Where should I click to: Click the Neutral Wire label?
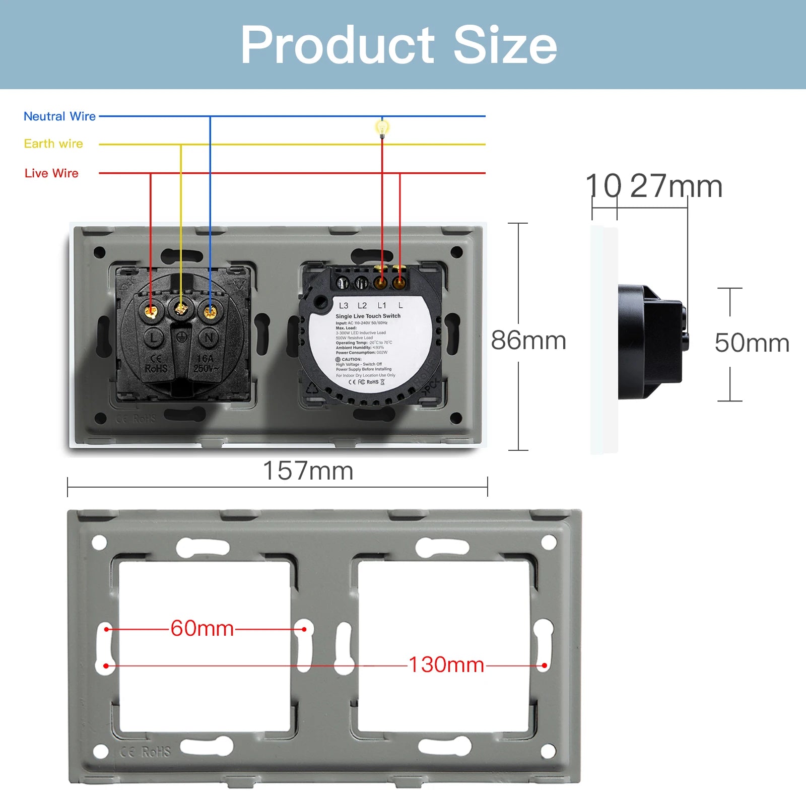pyautogui.click(x=59, y=116)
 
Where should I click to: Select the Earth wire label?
pyautogui.click(x=53, y=144)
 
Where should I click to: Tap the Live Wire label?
pyautogui.click(x=51, y=173)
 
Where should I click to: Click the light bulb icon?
pyautogui.click(x=382, y=128)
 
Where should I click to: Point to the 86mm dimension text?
pyautogui.click(x=528, y=341)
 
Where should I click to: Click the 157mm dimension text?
pyautogui.click(x=308, y=471)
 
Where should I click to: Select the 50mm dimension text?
pyautogui.click(x=752, y=343)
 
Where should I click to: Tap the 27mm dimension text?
pyautogui.click(x=676, y=186)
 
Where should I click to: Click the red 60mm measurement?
pyautogui.click(x=202, y=628)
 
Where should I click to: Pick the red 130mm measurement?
pyautogui.click(x=446, y=665)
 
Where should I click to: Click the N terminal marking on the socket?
pyautogui.click(x=210, y=338)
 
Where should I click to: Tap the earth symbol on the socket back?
pyautogui.click(x=182, y=337)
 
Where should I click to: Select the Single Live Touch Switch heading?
pyautogui.click(x=368, y=316)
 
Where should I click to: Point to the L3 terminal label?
pyautogui.click(x=344, y=306)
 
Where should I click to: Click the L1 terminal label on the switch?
pyautogui.click(x=382, y=306)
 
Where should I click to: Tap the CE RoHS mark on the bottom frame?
pyautogui.click(x=146, y=752)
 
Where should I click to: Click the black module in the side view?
pyautogui.click(x=650, y=342)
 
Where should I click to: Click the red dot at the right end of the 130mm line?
pyautogui.click(x=545, y=665)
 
